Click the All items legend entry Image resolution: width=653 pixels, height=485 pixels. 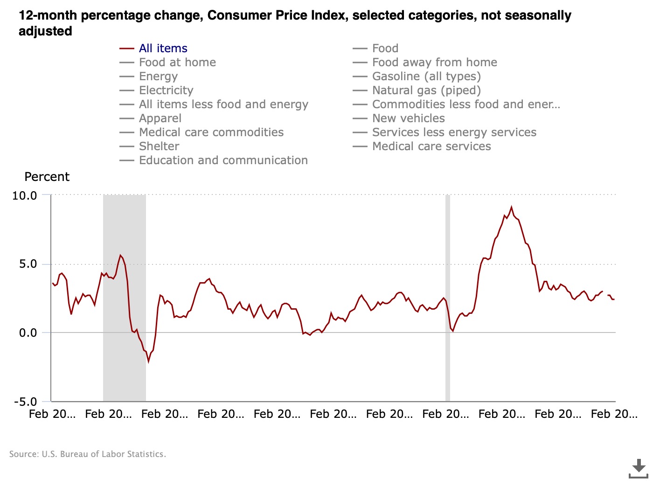point(163,48)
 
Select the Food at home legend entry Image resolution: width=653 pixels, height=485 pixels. point(177,62)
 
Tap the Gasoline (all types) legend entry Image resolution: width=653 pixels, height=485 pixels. point(426,76)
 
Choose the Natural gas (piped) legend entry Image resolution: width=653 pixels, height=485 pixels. point(426,90)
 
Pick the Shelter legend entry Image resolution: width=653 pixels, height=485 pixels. point(159,146)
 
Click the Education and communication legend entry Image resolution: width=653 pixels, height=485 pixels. point(223,160)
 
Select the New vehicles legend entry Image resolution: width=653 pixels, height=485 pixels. point(408,118)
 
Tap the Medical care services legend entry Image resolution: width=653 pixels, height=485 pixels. point(431,146)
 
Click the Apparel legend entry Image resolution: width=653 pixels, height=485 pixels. point(160,118)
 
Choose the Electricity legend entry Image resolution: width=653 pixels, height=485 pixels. point(166,90)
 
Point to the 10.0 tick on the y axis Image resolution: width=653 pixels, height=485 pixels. point(25,195)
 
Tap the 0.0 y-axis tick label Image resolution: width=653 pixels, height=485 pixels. point(28,333)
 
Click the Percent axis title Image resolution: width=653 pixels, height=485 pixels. point(47,177)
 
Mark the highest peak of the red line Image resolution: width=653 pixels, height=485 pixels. point(511,207)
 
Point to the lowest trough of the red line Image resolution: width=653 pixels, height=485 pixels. point(149,361)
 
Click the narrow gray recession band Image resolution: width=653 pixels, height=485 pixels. point(448,298)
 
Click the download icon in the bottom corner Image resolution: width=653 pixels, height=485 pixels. point(638,468)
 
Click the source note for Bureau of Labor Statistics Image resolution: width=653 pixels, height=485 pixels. point(88,454)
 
